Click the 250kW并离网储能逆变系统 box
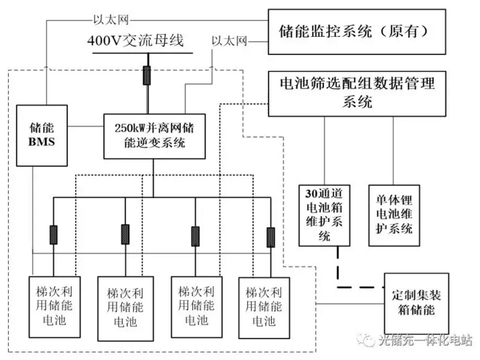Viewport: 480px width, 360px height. (x=153, y=135)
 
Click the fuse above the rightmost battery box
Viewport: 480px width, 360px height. (x=270, y=236)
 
